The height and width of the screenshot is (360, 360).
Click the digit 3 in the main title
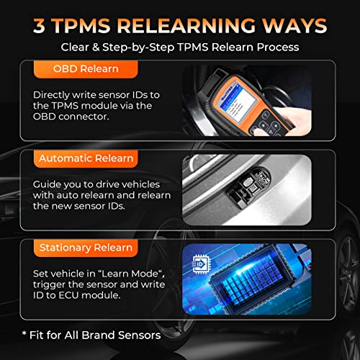coord(39,25)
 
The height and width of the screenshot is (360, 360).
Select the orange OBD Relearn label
coord(86,69)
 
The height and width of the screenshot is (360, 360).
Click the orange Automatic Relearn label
coord(86,158)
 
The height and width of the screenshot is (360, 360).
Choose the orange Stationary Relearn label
coord(86,248)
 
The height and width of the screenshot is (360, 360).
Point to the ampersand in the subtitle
coord(96,47)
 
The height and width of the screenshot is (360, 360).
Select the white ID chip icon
coord(201,264)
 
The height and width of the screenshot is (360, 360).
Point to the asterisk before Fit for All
coord(24,333)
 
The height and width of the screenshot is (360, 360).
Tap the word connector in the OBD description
coord(84,117)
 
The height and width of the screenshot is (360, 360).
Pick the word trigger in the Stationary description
coord(49,285)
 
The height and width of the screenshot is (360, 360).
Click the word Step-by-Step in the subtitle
coord(138,48)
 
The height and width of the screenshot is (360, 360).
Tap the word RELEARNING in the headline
coord(186,25)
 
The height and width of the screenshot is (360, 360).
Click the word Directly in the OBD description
coord(51,95)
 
